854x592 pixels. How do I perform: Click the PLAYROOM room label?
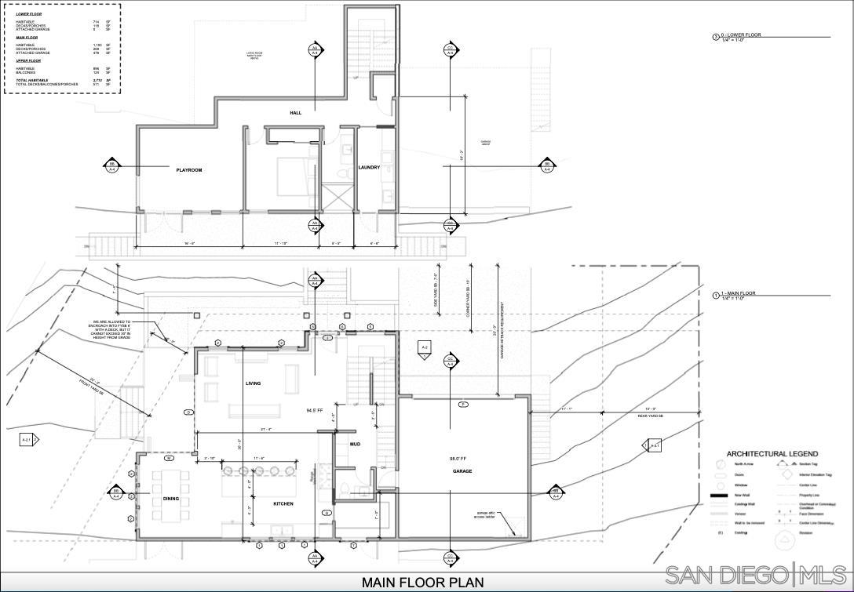pyautogui.click(x=189, y=170)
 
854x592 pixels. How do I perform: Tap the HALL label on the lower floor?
pyautogui.click(x=295, y=113)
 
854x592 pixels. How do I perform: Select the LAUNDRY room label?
pyautogui.click(x=369, y=168)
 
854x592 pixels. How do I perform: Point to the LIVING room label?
pyautogui.click(x=253, y=383)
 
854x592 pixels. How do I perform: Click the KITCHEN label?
pyautogui.click(x=283, y=503)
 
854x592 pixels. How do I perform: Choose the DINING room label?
pyautogui.click(x=171, y=499)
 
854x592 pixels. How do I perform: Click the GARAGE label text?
pyautogui.click(x=462, y=471)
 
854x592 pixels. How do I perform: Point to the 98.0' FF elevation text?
pyautogui.click(x=458, y=459)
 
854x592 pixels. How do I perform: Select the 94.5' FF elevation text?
pyautogui.click(x=315, y=410)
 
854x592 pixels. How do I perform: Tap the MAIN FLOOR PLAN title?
pyautogui.click(x=422, y=583)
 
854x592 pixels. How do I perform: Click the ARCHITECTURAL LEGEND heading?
pyautogui.click(x=772, y=454)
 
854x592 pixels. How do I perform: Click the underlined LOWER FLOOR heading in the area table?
pyautogui.click(x=29, y=14)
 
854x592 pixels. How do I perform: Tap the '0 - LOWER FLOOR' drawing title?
pyautogui.click(x=741, y=35)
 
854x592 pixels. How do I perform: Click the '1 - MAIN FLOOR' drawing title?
pyautogui.click(x=739, y=293)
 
